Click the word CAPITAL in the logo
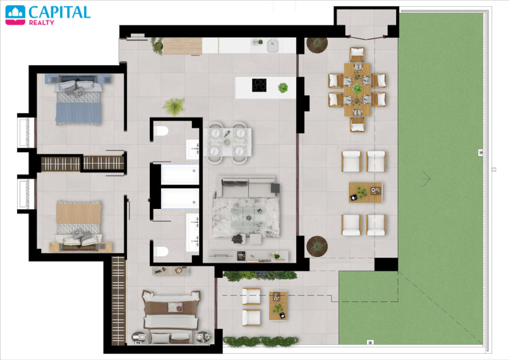coord(59,13)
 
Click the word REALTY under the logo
coord(42,23)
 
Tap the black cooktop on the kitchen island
coord(259,85)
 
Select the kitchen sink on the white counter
coord(273,45)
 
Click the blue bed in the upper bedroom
coord(78,101)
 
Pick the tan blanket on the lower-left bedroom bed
coord(78,213)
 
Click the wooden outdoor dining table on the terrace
coord(357,89)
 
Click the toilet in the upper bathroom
coord(161,131)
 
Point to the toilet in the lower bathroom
coord(161,251)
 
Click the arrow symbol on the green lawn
coord(426,179)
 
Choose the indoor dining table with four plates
coord(227,142)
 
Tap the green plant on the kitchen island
coord(283,88)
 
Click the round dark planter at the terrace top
coord(317,44)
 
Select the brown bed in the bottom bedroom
coord(171,316)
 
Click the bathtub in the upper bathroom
coord(180,175)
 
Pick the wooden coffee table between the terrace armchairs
coord(365,193)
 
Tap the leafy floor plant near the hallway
coord(174,106)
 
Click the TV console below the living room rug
coord(248,256)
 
